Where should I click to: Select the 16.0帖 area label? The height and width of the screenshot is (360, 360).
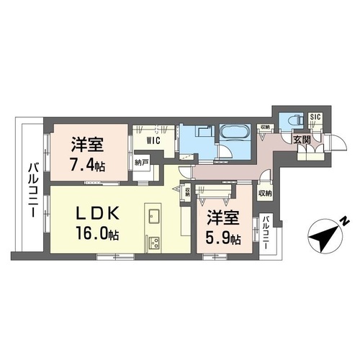[x=94, y=235]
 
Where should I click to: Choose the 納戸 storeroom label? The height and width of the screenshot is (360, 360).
[x=141, y=162]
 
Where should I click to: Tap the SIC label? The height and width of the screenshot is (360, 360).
[x=316, y=117]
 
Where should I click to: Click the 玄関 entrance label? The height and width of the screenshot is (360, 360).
[x=302, y=139]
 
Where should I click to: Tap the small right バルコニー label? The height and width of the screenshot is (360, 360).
[x=266, y=232]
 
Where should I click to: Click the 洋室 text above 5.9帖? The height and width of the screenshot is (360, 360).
[x=223, y=215]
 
